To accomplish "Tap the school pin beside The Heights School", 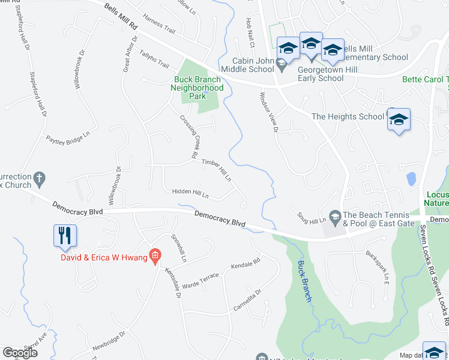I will click(x=398, y=120).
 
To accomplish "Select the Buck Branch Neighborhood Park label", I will click(x=199, y=88).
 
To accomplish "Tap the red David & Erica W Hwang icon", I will click(x=155, y=257).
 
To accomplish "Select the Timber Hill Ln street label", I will click(x=217, y=170).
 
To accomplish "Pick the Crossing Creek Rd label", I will click(x=188, y=137).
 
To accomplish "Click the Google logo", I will click(x=20, y=353).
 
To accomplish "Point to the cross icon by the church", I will click(x=40, y=178).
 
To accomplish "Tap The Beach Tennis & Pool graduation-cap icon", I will click(x=335, y=215).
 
